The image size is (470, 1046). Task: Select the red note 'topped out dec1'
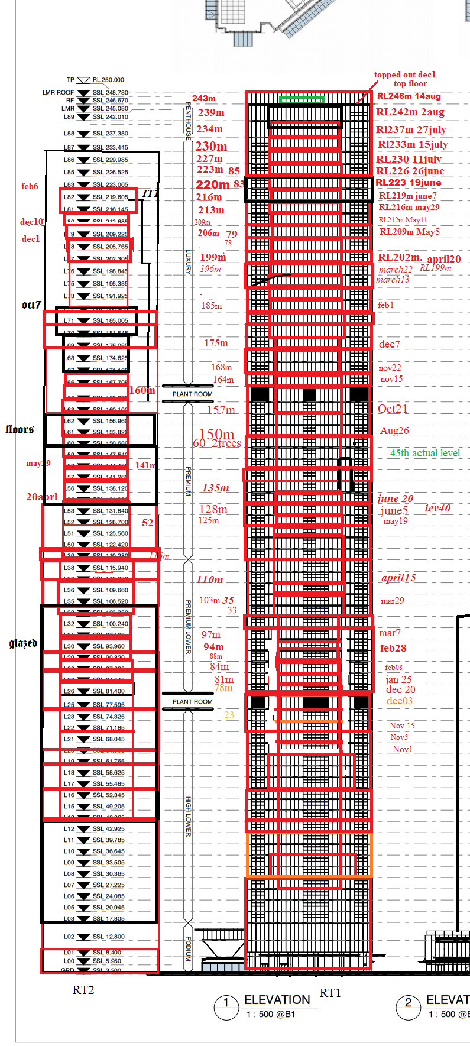(404, 75)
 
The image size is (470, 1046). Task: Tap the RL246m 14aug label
(409, 96)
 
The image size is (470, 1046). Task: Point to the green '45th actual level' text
(424, 453)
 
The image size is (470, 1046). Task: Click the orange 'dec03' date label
(400, 701)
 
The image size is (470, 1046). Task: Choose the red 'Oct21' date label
(393, 409)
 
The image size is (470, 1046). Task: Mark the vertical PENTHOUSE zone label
(189, 121)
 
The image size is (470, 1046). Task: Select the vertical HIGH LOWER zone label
(189, 816)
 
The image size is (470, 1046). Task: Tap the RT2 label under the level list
(83, 990)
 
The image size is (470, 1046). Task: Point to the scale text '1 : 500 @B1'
(271, 1014)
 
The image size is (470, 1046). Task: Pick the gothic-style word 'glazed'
(23, 643)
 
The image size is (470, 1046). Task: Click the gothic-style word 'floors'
(20, 429)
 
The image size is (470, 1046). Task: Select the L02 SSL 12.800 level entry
(95, 937)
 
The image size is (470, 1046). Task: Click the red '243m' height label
(204, 98)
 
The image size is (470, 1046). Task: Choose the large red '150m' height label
(216, 434)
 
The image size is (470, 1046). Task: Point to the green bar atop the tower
(302, 99)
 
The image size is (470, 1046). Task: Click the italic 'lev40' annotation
(437, 508)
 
